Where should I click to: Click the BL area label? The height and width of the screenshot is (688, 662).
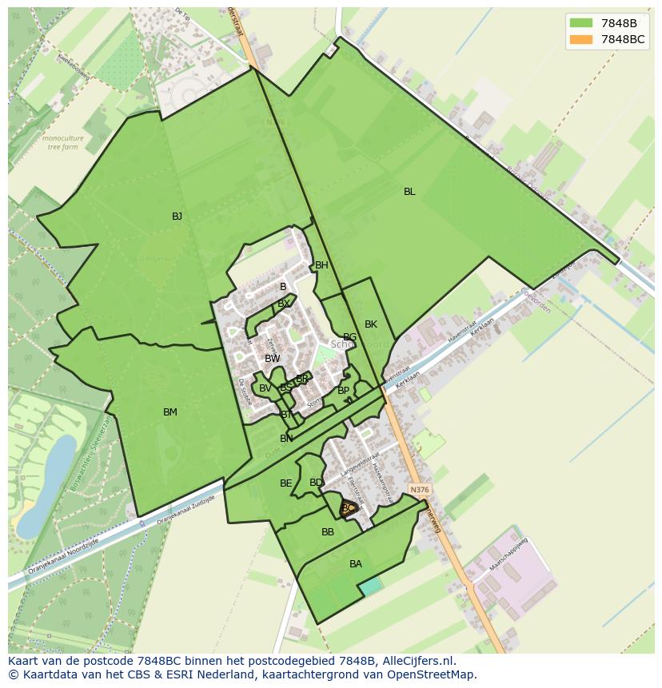pos(409,192)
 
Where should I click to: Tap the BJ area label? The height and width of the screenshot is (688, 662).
pos(177,217)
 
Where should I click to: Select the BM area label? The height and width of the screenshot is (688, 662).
pos(169,412)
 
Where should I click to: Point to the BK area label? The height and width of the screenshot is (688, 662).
pos(370,324)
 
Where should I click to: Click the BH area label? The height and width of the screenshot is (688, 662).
pos(321,265)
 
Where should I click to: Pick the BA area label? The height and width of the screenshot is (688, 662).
pos(356,564)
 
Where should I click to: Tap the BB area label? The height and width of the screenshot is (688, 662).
pos(328,532)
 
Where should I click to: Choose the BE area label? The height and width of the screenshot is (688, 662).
pos(285,483)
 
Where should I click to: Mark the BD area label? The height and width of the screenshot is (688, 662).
pos(316,483)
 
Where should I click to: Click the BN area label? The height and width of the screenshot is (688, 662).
pos(286,439)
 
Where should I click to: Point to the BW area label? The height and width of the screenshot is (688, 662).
pos(273,359)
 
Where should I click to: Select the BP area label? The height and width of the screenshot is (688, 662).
pos(343,391)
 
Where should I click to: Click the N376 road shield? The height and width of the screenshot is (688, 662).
pos(417,489)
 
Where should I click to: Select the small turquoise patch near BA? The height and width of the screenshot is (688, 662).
pos(370,587)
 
